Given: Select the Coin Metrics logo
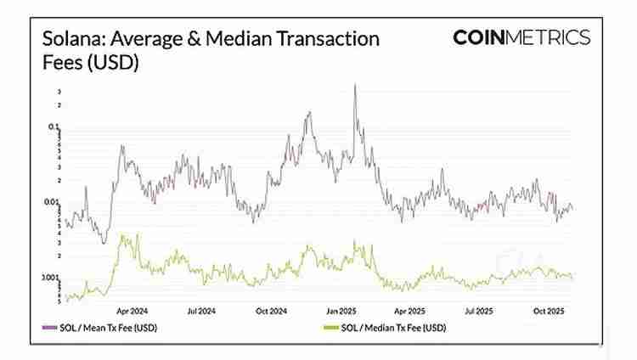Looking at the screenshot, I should pyautogui.click(x=521, y=37).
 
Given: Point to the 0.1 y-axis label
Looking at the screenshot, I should pyautogui.click(x=54, y=127).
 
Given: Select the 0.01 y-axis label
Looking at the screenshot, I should pyautogui.click(x=52, y=202).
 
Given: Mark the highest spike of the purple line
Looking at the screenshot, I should pyautogui.click(x=354, y=85).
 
